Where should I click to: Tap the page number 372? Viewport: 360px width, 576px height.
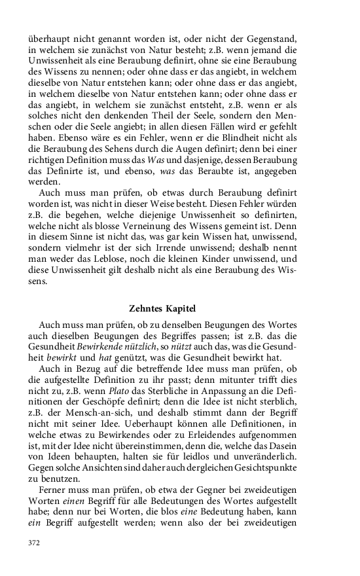click(x=35, y=543)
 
